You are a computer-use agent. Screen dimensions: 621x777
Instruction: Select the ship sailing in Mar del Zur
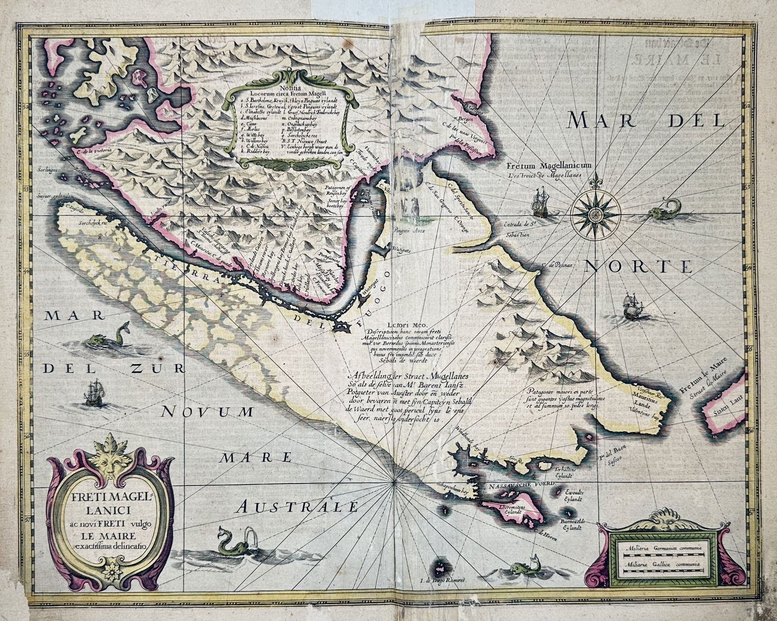pyautogui.click(x=94, y=393)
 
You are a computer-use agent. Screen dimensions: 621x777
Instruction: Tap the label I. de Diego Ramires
pyautogui.click(x=442, y=580)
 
